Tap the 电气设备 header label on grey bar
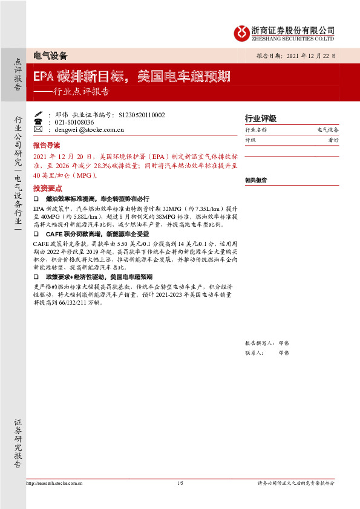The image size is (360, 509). click(x=50, y=56)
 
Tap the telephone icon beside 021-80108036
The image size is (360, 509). click(x=38, y=122)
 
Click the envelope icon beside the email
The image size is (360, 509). click(x=38, y=129)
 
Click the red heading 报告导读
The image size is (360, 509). click(x=47, y=146)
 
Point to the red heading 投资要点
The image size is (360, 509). click(x=47, y=188)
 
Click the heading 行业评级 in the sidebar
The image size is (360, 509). click(x=260, y=118)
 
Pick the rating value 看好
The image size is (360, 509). click(x=332, y=140)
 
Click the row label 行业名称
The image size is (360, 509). click(x=255, y=130)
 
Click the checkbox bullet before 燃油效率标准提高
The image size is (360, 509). click(x=36, y=198)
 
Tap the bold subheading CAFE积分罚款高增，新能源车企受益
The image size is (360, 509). click(x=97, y=233)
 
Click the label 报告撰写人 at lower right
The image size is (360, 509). click(x=258, y=342)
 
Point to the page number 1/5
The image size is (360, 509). click(x=180, y=483)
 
